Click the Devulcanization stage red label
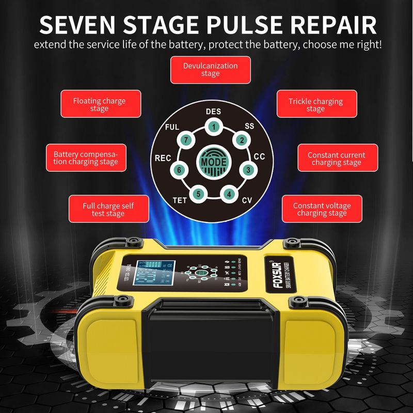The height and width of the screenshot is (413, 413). [211, 70]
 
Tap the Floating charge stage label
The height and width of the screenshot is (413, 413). [99, 104]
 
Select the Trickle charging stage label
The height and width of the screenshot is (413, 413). [315, 104]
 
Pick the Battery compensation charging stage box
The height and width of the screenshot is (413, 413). [86, 158]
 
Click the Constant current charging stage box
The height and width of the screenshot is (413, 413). [336, 158]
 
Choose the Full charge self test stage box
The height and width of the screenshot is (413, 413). [108, 209]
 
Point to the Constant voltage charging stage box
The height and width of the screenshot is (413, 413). [322, 209]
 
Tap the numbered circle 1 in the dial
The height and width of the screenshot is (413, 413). [213, 126]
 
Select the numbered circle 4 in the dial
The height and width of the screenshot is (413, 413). [229, 195]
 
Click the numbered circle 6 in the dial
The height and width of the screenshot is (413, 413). [179, 169]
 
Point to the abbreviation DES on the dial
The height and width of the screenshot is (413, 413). [213, 112]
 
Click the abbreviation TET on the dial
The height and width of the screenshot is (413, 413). [179, 200]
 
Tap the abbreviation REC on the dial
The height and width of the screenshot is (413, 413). [163, 158]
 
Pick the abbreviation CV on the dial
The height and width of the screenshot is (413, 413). [247, 200]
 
